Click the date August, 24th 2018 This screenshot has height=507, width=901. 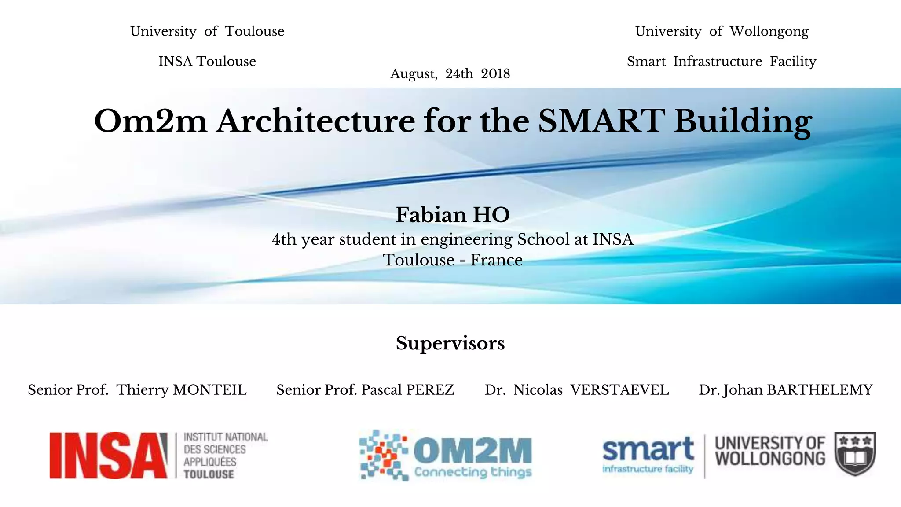(x=450, y=73)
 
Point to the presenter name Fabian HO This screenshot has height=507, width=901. (x=453, y=215)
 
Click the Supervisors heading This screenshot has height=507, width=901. (x=450, y=343)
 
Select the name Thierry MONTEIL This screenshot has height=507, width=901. (x=181, y=390)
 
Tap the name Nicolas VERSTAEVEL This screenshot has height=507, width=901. (x=591, y=390)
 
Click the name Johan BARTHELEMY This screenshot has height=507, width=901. (x=798, y=390)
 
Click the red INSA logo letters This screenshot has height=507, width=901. (x=108, y=455)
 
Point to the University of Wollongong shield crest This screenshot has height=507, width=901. (x=855, y=453)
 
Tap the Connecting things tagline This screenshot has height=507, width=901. (x=473, y=472)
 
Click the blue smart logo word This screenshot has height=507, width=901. (x=648, y=450)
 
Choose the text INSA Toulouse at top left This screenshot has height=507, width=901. (x=207, y=61)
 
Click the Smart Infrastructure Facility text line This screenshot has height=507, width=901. (x=722, y=61)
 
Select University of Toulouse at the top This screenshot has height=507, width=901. (x=207, y=31)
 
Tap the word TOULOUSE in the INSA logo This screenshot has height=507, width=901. (x=209, y=474)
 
